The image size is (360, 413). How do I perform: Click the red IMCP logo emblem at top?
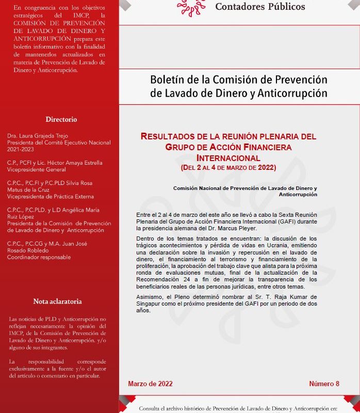[190, 6]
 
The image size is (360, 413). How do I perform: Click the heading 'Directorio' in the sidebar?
[61, 119]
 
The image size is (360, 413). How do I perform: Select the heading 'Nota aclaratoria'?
[57, 301]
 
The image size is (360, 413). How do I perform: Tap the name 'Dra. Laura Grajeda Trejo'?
[38, 136]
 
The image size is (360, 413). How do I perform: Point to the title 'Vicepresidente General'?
[37, 169]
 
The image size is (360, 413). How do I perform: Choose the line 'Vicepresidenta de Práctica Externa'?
[51, 197]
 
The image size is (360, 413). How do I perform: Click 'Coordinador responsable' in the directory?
[39, 257]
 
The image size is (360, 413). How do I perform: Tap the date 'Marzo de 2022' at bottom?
[150, 384]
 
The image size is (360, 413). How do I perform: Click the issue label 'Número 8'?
[324, 384]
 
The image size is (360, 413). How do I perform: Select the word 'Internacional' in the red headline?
[228, 157]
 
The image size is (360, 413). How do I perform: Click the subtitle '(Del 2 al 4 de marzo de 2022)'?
[228, 167]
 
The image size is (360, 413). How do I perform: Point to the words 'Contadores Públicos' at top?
[260, 7]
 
